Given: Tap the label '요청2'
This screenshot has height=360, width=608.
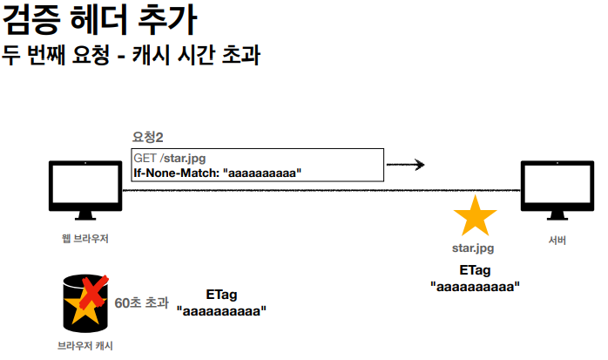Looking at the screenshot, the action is point(148,137).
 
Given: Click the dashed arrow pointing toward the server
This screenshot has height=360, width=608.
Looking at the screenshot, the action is point(405,164).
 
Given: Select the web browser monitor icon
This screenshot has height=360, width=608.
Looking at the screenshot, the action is point(84,190).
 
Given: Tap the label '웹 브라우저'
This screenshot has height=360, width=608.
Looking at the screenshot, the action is point(84,238).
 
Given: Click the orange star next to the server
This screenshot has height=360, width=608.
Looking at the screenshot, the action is point(476,216).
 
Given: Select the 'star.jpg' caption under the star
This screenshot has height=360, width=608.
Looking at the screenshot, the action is point(476,249).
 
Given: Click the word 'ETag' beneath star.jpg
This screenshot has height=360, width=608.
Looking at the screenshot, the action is point(475,269).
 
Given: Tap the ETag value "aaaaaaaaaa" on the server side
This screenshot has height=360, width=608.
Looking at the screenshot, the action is point(475,285).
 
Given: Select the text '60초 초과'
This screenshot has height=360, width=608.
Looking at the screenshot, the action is point(141,303).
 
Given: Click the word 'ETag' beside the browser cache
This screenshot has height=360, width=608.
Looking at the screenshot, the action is point(220,294).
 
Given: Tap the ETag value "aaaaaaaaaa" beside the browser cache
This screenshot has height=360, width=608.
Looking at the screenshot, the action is point(220,309).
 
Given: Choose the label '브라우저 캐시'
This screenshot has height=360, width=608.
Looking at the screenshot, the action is point(84,346).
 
